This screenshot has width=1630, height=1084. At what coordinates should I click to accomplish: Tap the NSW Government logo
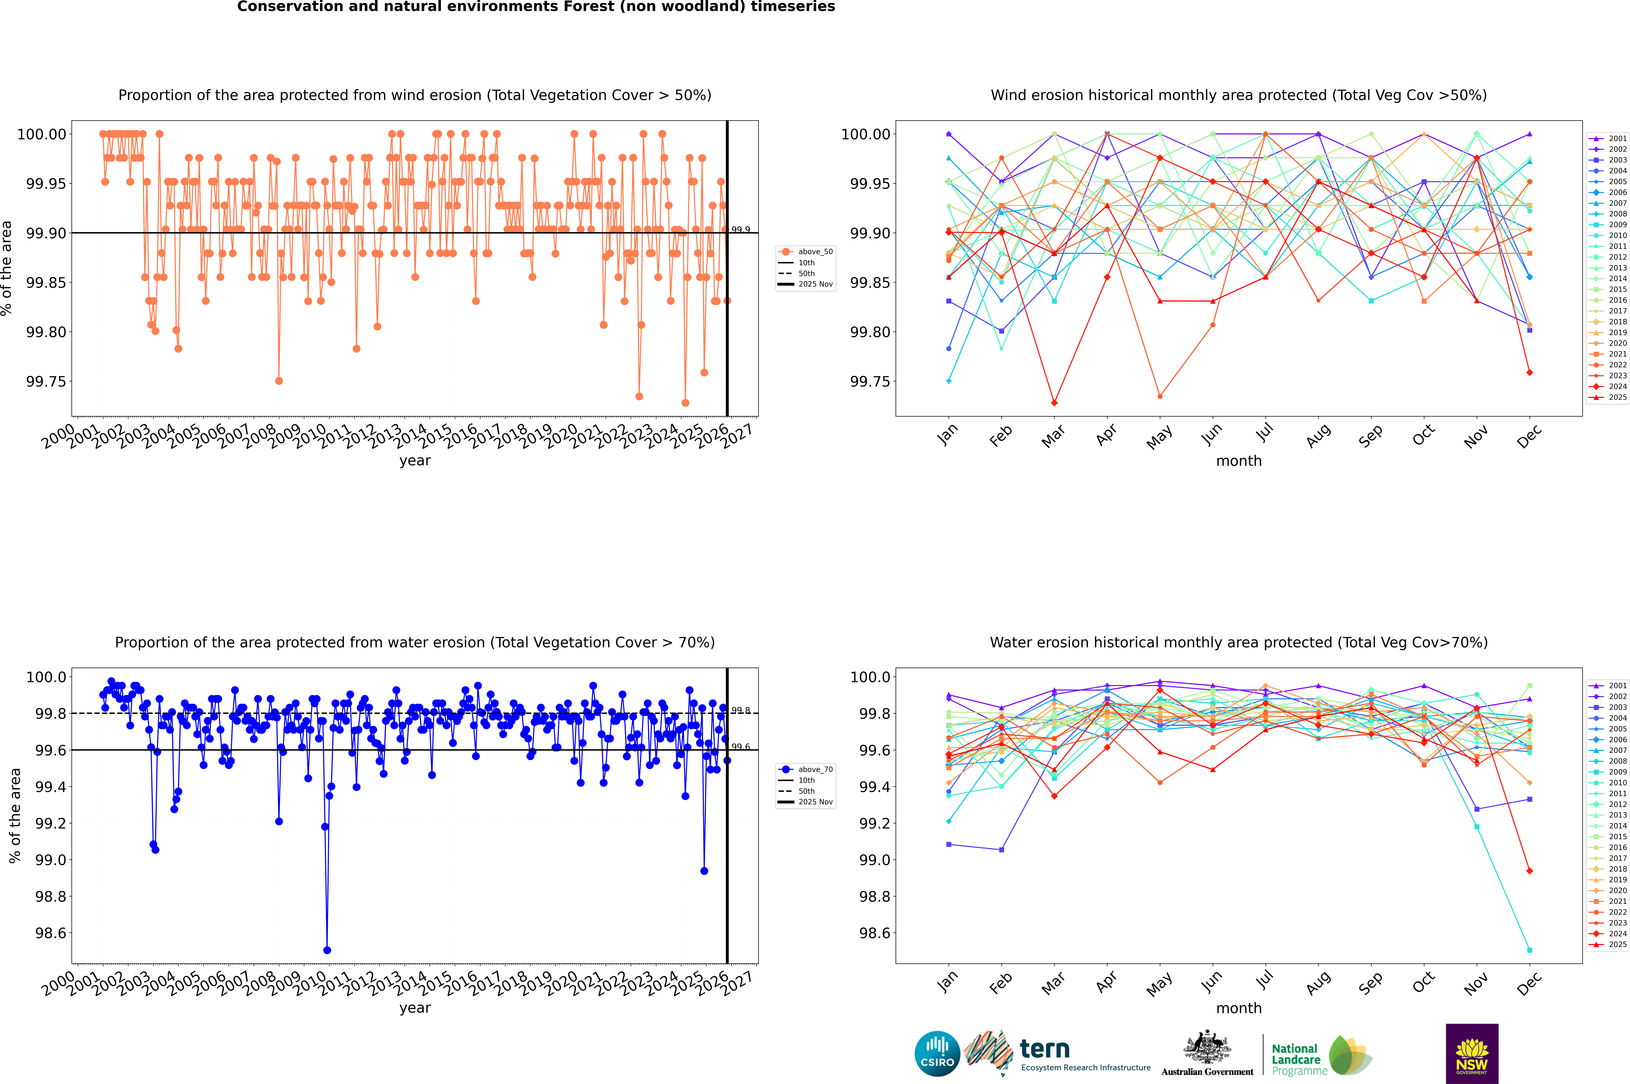(1472, 1054)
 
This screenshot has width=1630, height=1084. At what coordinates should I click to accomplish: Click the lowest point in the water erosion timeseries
(327, 950)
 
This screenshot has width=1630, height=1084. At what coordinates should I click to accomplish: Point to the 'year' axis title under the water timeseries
(415, 1008)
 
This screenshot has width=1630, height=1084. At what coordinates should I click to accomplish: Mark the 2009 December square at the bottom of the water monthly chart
(1529, 950)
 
